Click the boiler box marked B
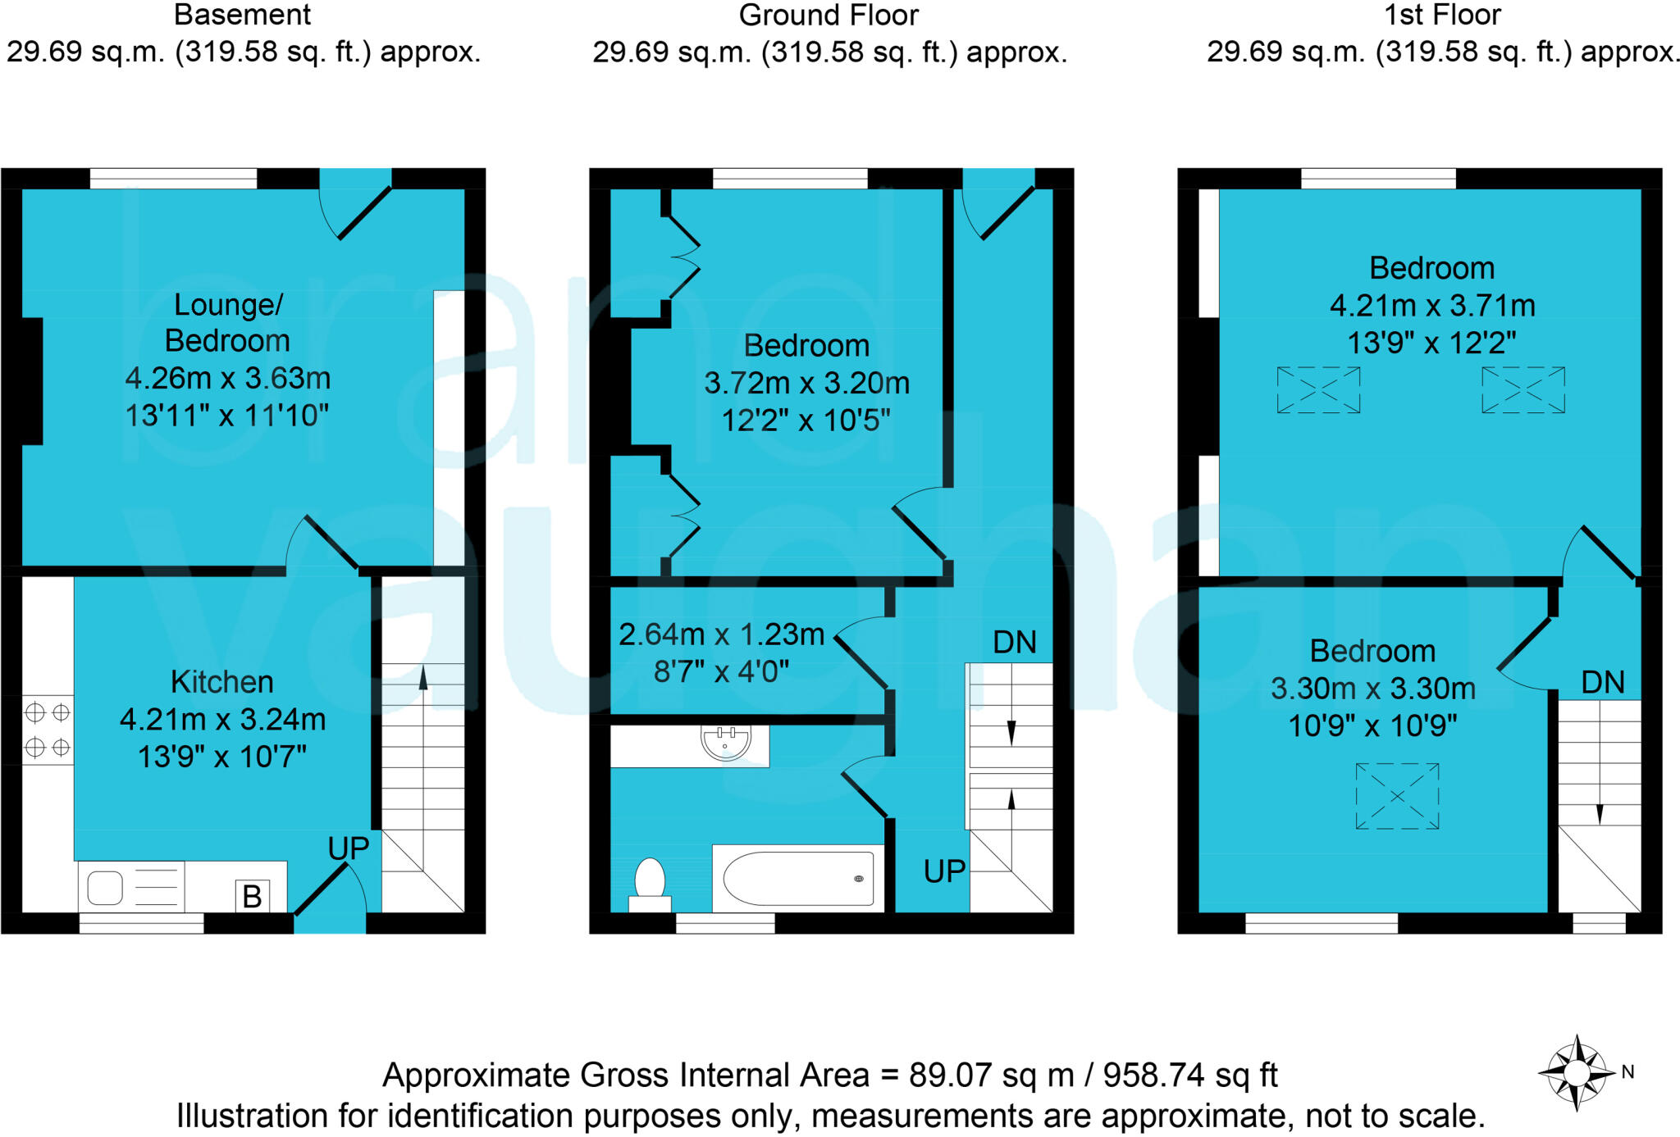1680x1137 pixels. point(252,895)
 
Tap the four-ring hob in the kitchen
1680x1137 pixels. point(48,730)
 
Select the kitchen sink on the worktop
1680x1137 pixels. point(105,888)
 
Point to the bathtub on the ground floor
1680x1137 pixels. point(798,878)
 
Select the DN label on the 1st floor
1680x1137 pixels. point(1602,682)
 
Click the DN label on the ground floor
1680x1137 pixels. point(1014,642)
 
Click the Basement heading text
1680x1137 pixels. point(243,15)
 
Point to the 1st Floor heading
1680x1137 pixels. point(1442,15)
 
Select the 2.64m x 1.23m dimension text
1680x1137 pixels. point(721,634)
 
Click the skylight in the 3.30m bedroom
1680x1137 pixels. point(1397,796)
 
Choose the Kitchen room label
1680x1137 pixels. point(221,682)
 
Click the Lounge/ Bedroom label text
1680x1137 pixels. point(227,322)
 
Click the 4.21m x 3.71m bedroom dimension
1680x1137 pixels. point(1431,306)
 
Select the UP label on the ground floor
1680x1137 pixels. point(944,871)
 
